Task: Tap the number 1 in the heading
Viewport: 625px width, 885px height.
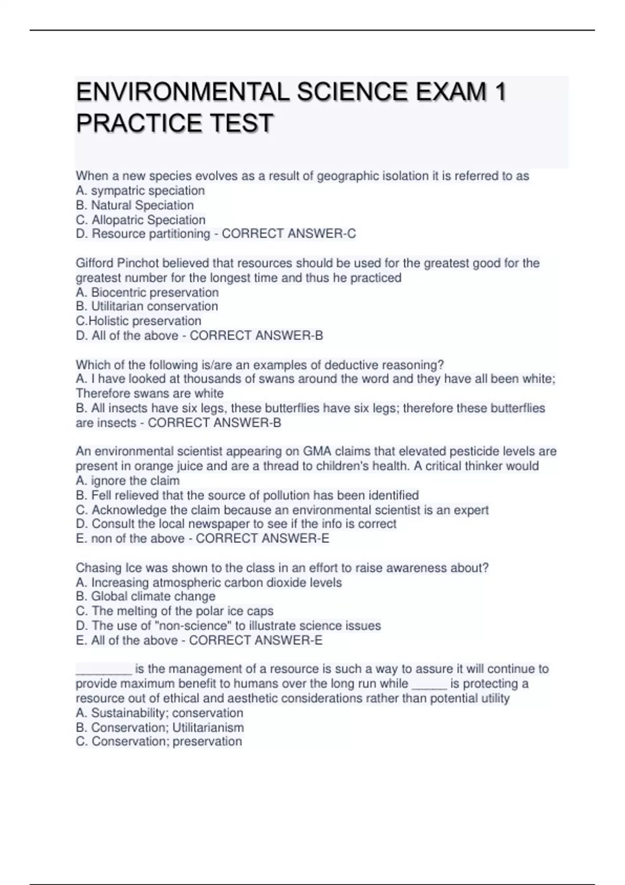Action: click(500, 92)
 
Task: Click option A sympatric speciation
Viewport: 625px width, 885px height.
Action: click(140, 191)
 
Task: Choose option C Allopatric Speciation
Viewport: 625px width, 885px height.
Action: click(141, 220)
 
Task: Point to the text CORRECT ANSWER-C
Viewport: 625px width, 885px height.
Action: click(289, 234)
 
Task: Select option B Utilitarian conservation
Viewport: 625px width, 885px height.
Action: click(147, 306)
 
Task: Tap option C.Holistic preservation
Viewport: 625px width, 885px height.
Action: click(139, 321)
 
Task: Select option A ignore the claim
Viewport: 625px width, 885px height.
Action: click(128, 481)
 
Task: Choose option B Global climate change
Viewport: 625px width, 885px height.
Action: click(145, 596)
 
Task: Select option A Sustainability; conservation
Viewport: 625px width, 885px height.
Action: click(159, 713)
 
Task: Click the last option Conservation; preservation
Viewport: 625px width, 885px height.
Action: click(159, 741)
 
